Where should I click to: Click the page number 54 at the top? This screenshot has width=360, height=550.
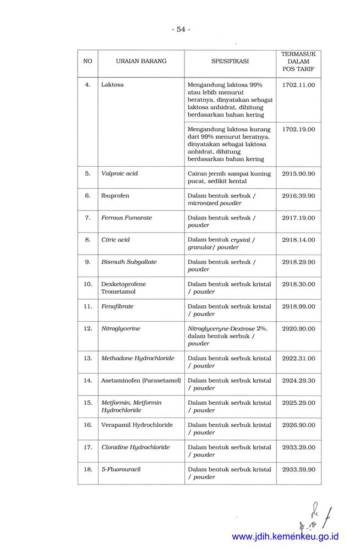(x=180, y=29)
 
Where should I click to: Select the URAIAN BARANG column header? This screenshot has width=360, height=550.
(x=141, y=61)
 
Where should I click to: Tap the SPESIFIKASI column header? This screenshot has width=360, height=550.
(x=230, y=61)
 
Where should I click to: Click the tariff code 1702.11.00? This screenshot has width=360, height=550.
(x=298, y=85)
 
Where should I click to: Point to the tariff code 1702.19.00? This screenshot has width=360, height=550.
(x=298, y=129)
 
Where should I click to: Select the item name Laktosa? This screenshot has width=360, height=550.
(x=112, y=85)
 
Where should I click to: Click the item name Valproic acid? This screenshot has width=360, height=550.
(x=119, y=173)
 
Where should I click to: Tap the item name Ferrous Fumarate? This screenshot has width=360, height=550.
(x=127, y=218)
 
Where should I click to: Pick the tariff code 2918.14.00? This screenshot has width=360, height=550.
(x=298, y=240)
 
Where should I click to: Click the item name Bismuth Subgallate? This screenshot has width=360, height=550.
(x=129, y=262)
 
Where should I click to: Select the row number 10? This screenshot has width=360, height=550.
(x=88, y=284)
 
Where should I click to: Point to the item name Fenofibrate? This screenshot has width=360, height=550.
(x=117, y=306)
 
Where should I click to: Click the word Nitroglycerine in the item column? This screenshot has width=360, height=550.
(x=121, y=328)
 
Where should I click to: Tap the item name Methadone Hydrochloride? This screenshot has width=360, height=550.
(x=138, y=358)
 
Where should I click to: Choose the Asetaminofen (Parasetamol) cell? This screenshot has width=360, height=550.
(x=141, y=380)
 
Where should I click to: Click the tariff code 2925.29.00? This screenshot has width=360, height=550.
(x=298, y=403)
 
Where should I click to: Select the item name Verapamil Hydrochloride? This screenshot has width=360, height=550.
(x=137, y=425)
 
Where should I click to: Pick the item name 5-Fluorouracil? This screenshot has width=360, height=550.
(x=121, y=469)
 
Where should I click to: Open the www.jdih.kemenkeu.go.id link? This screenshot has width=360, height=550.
(x=285, y=536)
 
